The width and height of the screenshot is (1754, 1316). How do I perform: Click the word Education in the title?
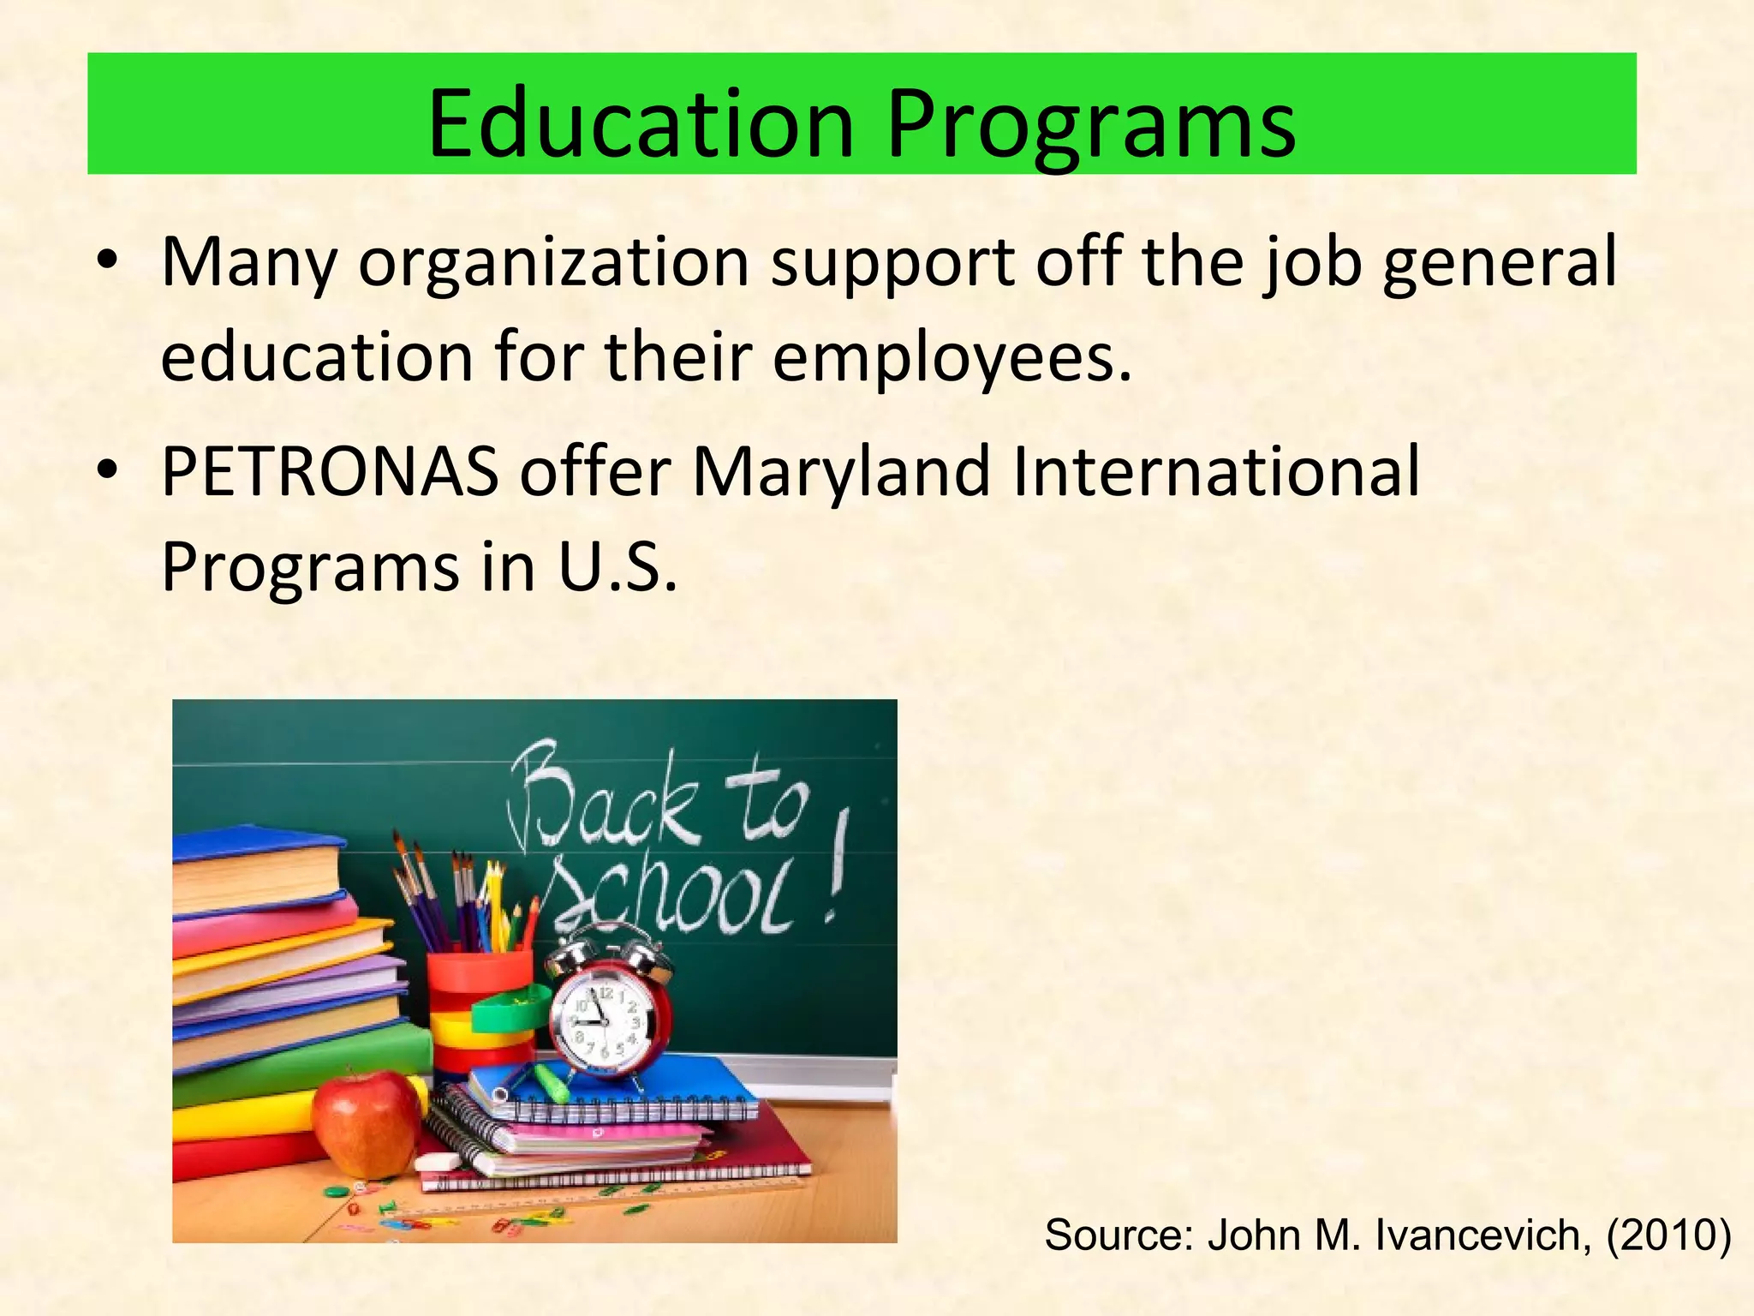(641, 124)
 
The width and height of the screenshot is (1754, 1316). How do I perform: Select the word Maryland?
(841, 473)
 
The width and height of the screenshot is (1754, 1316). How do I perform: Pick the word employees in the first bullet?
(952, 358)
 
